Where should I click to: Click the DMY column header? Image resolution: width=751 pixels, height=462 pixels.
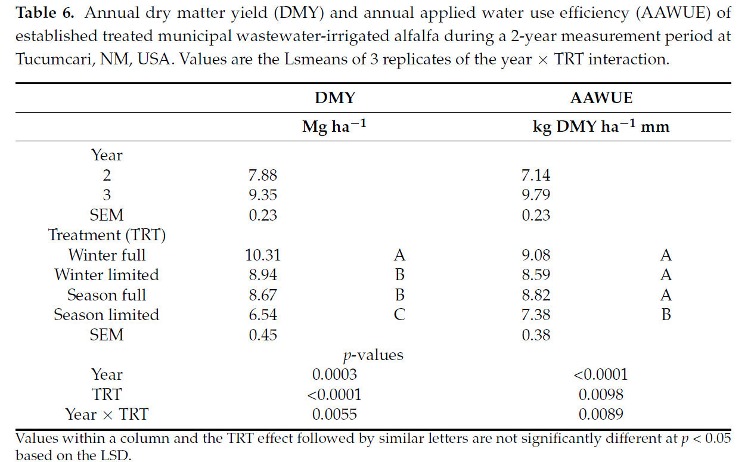(x=334, y=98)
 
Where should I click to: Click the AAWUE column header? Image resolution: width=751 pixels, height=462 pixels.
(x=601, y=98)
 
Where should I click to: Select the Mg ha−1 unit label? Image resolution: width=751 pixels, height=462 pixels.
(x=333, y=127)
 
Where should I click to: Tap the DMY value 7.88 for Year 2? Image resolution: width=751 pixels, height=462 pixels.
(x=263, y=175)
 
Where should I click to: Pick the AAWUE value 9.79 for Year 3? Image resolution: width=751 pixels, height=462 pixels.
(x=536, y=195)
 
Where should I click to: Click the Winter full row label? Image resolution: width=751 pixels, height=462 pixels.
(x=107, y=255)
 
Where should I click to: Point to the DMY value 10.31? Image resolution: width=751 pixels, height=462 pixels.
(x=263, y=255)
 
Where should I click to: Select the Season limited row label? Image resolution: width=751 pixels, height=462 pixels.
(x=107, y=315)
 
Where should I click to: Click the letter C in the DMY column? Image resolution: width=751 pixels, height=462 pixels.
(x=399, y=315)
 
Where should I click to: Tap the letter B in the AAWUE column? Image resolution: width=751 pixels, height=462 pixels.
(x=666, y=315)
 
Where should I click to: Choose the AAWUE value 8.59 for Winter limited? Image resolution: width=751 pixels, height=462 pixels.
(x=536, y=275)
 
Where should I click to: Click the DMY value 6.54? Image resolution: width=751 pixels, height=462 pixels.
(x=263, y=315)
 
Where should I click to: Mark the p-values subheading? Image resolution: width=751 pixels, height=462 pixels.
(x=373, y=355)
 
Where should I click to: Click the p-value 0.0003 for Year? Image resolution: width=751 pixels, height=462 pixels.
(x=334, y=374)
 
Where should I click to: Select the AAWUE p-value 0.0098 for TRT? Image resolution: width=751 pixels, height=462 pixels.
(x=601, y=394)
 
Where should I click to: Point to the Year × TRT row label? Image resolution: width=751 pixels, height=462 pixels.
(x=107, y=414)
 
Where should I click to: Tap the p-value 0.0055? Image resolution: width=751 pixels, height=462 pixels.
(x=334, y=414)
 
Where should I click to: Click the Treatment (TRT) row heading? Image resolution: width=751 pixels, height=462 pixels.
(x=107, y=235)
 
